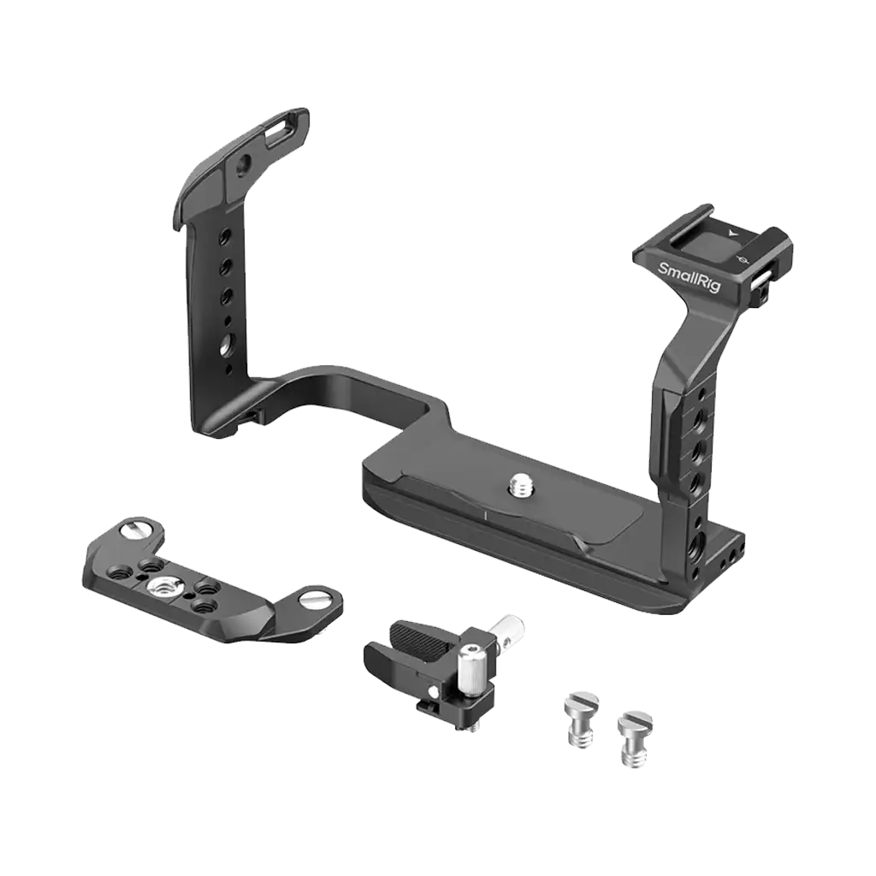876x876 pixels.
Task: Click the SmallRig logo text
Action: pyautogui.click(x=690, y=281)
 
